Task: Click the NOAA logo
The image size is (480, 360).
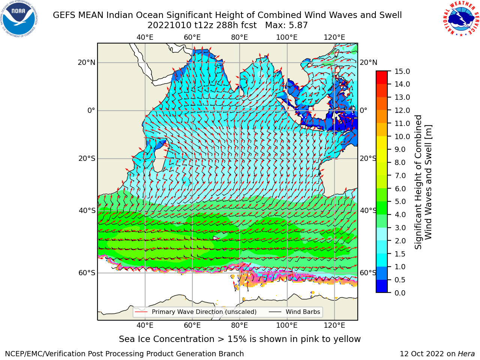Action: (19, 19)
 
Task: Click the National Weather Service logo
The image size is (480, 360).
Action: (460, 19)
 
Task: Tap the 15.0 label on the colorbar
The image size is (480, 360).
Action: (402, 71)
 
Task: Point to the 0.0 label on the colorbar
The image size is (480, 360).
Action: (400, 293)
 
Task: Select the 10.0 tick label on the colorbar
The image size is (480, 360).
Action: (402, 136)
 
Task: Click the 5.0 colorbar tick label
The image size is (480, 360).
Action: (400, 201)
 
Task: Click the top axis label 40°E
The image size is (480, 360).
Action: (145, 37)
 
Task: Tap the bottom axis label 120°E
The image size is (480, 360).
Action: (334, 325)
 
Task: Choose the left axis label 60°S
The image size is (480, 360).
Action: (87, 273)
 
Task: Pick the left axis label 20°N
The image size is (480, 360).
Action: (87, 63)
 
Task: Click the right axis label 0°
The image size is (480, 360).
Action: (363, 110)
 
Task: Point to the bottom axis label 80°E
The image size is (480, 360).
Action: (240, 325)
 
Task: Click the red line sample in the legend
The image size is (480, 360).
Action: (141, 312)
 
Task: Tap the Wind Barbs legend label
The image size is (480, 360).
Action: (303, 312)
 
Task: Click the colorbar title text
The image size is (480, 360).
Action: (423, 182)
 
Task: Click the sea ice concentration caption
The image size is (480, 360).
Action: (240, 339)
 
